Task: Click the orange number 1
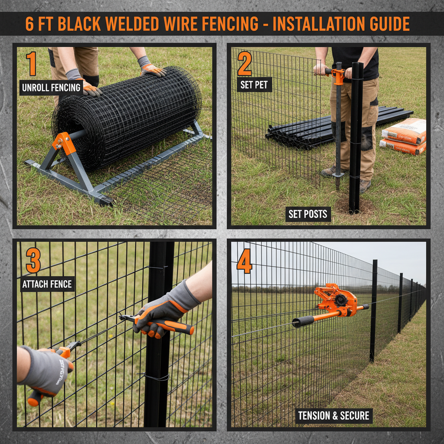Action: point(31,64)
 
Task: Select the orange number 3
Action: point(33,261)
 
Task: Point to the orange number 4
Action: point(244,261)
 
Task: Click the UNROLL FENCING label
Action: point(51,88)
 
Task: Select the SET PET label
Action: point(254,85)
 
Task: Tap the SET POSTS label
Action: point(308,214)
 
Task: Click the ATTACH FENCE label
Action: point(47,284)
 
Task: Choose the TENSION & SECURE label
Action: point(333,416)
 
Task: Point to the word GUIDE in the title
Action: point(386,24)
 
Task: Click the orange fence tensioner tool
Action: point(336,299)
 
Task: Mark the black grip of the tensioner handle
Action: point(302,321)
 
